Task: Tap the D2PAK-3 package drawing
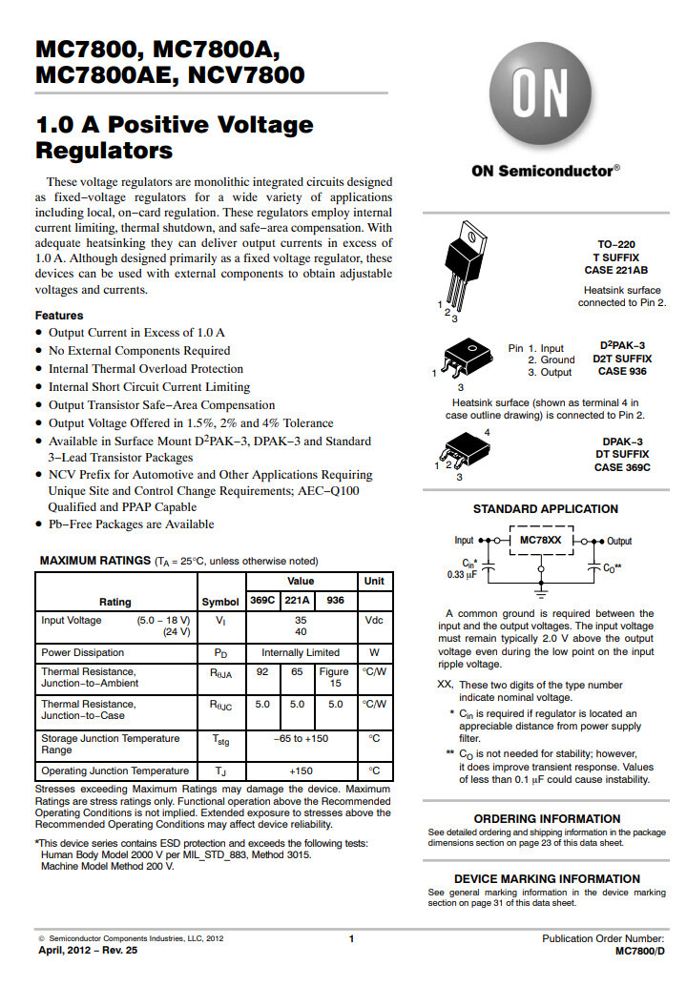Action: (x=462, y=359)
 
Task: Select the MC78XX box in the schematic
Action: (x=541, y=540)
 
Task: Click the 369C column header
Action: (x=262, y=601)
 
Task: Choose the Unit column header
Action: (x=373, y=581)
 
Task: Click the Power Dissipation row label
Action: (x=83, y=653)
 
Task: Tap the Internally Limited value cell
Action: (x=301, y=653)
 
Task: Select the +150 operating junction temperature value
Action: (x=301, y=771)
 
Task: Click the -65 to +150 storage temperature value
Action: (x=301, y=739)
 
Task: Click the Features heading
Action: (x=59, y=316)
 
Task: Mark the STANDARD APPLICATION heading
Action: (x=546, y=509)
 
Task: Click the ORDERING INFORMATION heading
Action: (x=547, y=819)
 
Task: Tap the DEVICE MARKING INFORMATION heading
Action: (x=547, y=879)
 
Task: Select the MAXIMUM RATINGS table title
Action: (x=94, y=561)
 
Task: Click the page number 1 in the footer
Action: (x=351, y=939)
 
